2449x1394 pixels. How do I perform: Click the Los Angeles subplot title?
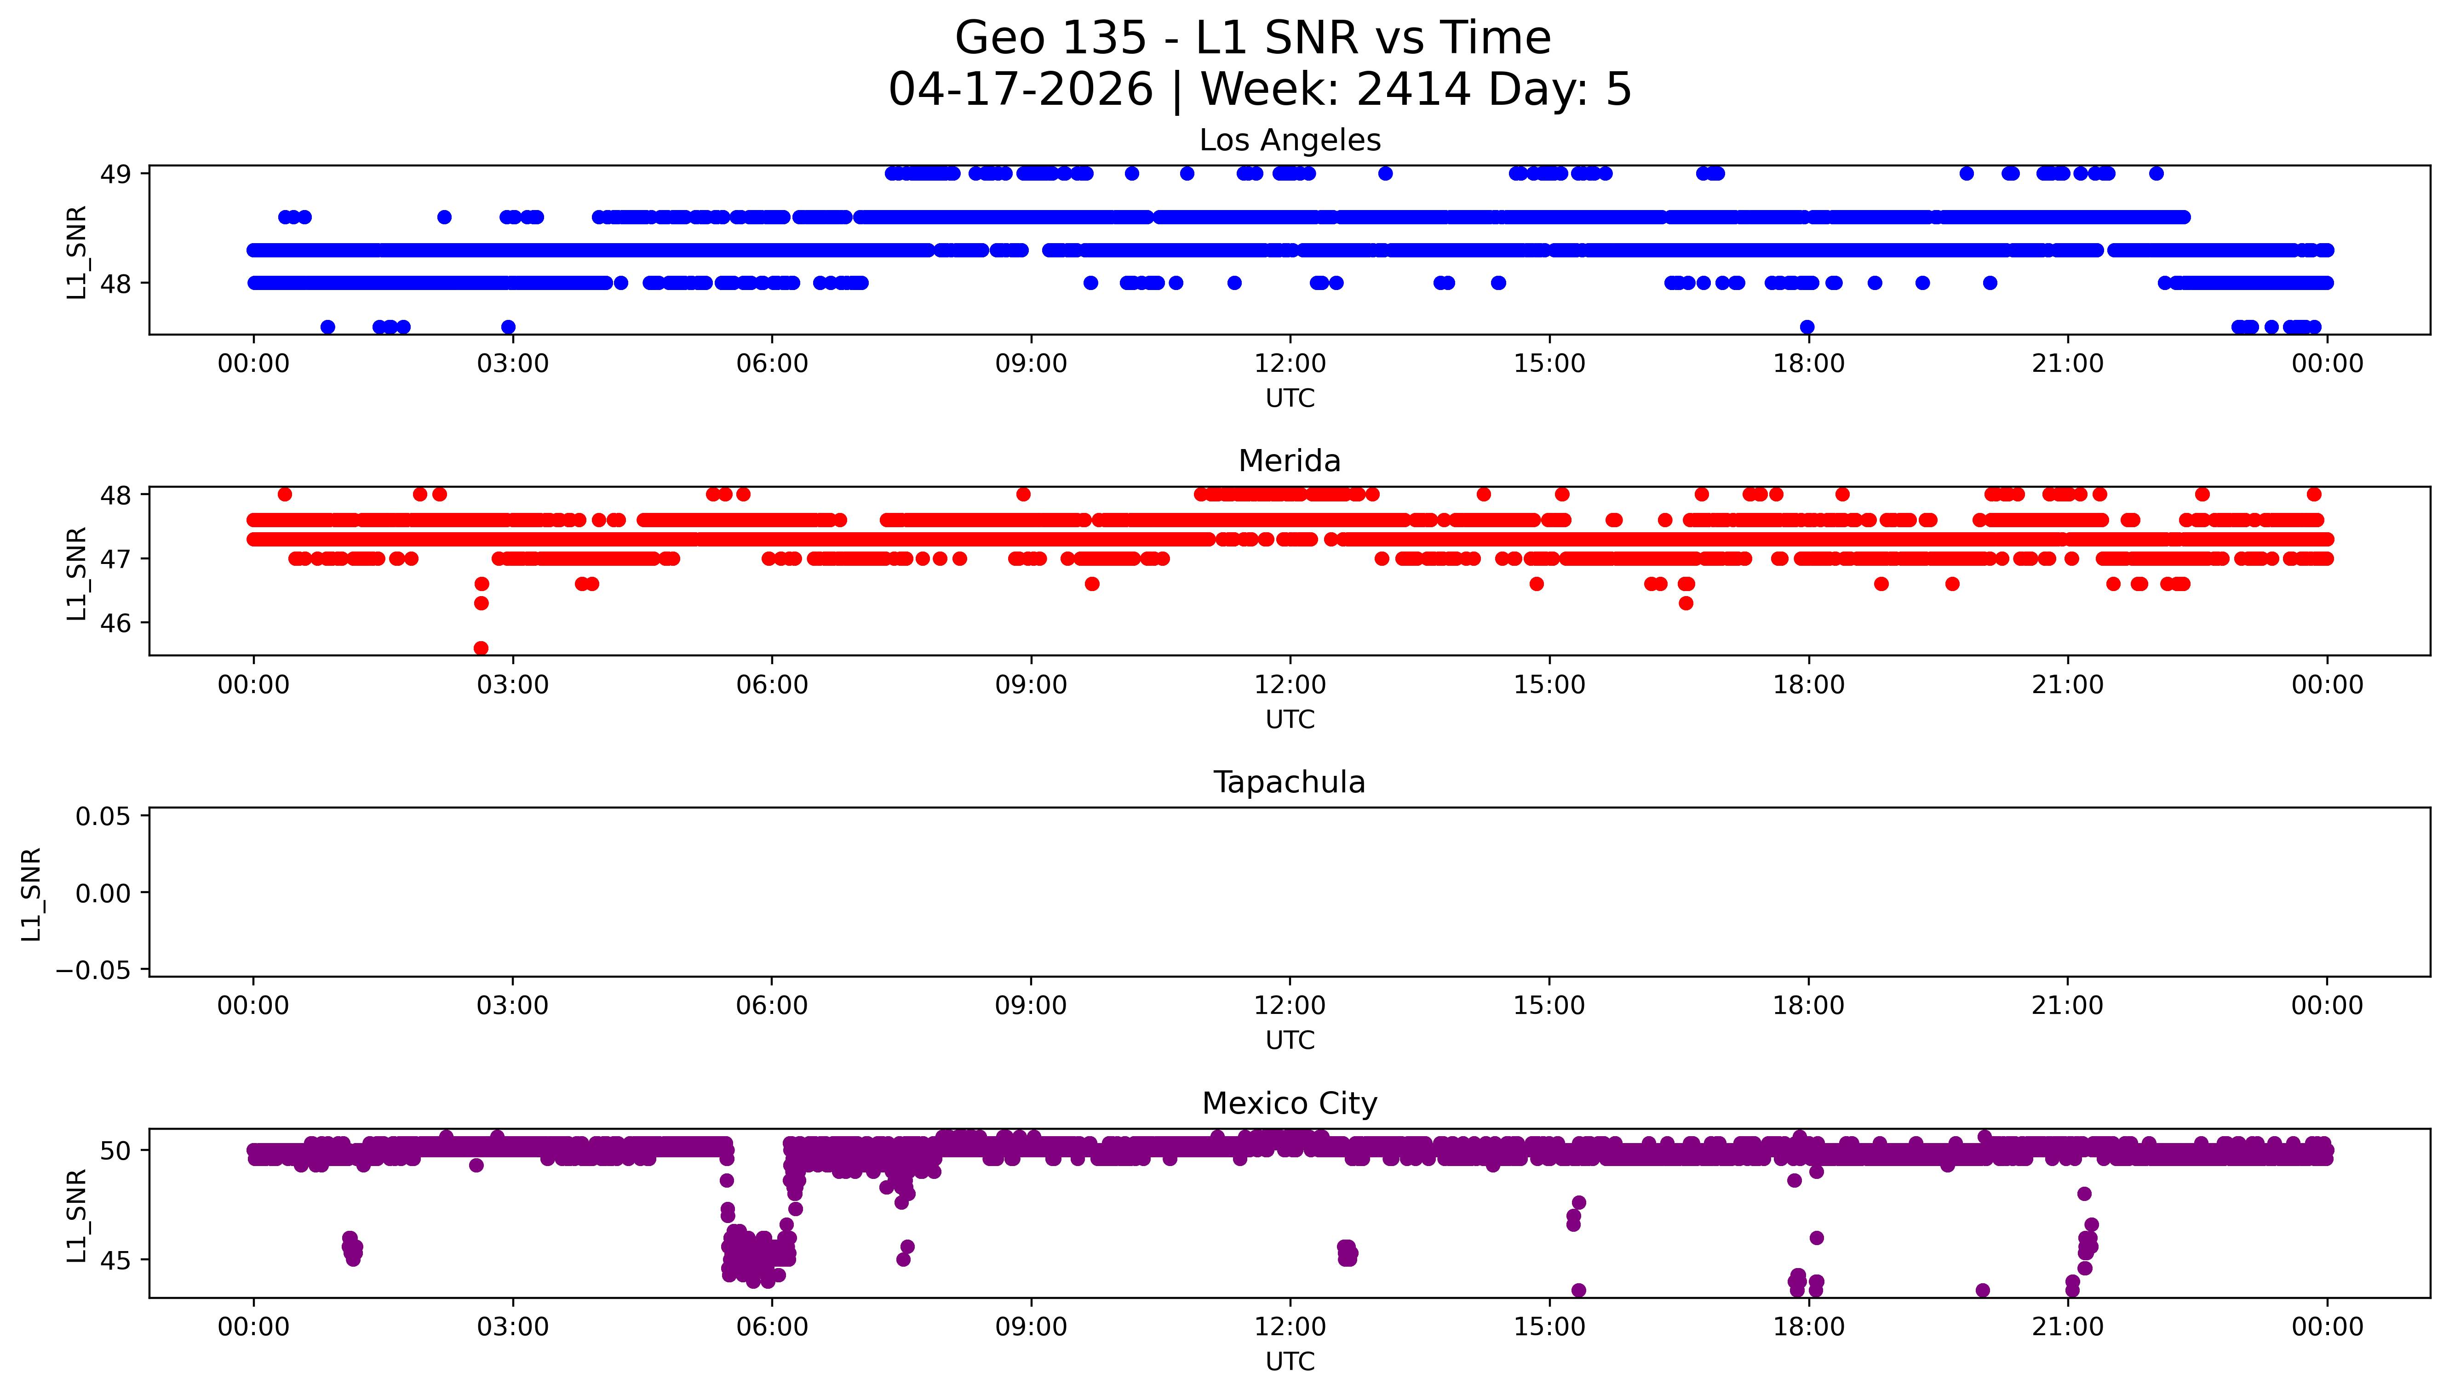tap(1289, 141)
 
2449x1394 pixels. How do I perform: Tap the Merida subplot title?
tap(1289, 461)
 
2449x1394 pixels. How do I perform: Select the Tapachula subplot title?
tap(1289, 782)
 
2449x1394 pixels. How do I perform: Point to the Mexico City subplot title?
tap(1289, 1104)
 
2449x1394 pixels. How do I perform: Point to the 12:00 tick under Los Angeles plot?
tap(1290, 364)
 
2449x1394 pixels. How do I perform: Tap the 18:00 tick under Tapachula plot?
tap(1808, 1006)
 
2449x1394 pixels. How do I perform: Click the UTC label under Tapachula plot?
tap(1290, 1041)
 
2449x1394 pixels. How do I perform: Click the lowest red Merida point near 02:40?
tap(481, 648)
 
